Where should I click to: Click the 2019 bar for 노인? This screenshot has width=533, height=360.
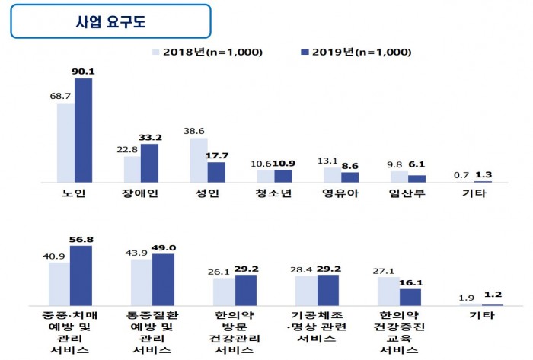[x=83, y=129]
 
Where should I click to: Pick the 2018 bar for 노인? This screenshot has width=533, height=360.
[x=65, y=142]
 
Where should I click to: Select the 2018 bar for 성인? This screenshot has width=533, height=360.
[x=199, y=160]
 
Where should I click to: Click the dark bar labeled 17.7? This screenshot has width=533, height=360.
[x=216, y=172]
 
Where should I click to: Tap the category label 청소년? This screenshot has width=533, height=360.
[x=273, y=194]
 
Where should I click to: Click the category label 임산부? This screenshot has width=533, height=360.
[x=407, y=194]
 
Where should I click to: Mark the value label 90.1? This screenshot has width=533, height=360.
[x=84, y=72]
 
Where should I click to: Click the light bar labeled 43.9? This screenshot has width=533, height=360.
[x=141, y=282]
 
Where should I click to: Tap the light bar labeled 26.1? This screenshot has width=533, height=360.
[x=224, y=292]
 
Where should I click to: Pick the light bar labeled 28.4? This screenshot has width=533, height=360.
[x=306, y=290]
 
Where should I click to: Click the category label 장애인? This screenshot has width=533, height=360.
[x=140, y=194]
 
